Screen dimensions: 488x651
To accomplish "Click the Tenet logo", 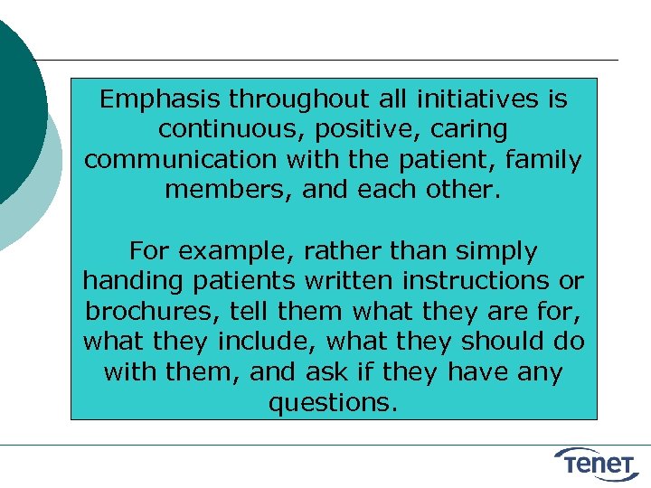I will [599, 463].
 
